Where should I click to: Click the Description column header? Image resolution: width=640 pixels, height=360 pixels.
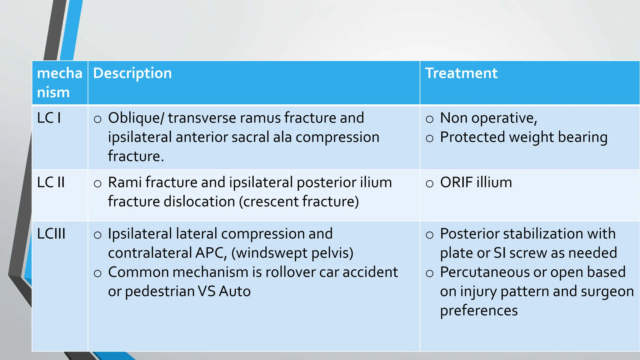[132, 73]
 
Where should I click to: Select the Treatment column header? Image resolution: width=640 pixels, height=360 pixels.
[461, 73]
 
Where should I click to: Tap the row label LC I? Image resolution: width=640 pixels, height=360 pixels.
[49, 118]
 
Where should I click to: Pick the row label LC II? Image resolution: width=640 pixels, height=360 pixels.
[51, 182]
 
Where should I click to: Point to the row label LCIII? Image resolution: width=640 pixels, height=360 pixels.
[51, 234]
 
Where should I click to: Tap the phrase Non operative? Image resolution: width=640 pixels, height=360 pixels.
[488, 118]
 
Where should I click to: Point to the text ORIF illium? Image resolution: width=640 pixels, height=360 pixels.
[476, 182]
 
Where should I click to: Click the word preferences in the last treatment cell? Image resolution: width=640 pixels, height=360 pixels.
[478, 311]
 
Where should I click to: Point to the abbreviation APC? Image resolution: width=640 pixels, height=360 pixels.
[210, 253]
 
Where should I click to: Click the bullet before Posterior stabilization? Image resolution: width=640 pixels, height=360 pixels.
[430, 235]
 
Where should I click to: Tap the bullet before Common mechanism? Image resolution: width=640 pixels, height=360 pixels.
[97, 273]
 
